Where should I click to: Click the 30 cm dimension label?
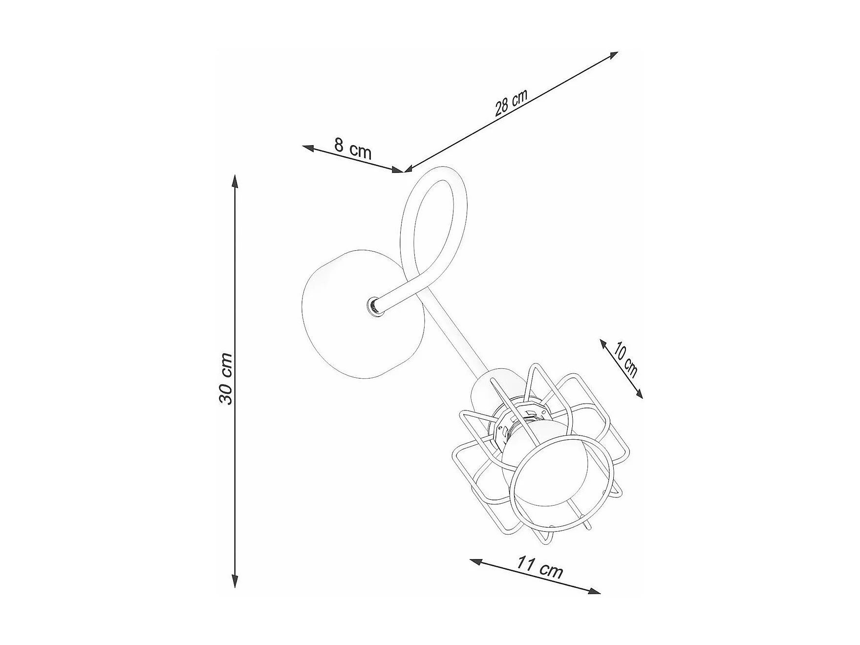(x=225, y=378)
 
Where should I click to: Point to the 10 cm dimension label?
(x=626, y=360)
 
